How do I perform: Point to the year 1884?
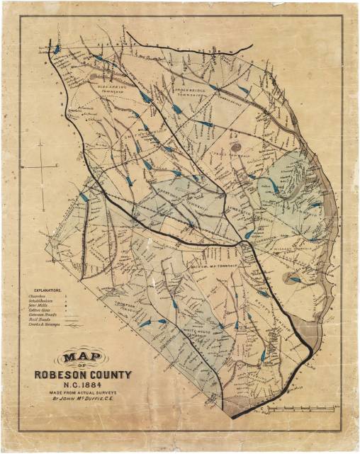coord(92,386)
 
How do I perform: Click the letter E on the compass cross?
coord(55,166)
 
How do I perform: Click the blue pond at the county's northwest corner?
coord(56,49)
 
